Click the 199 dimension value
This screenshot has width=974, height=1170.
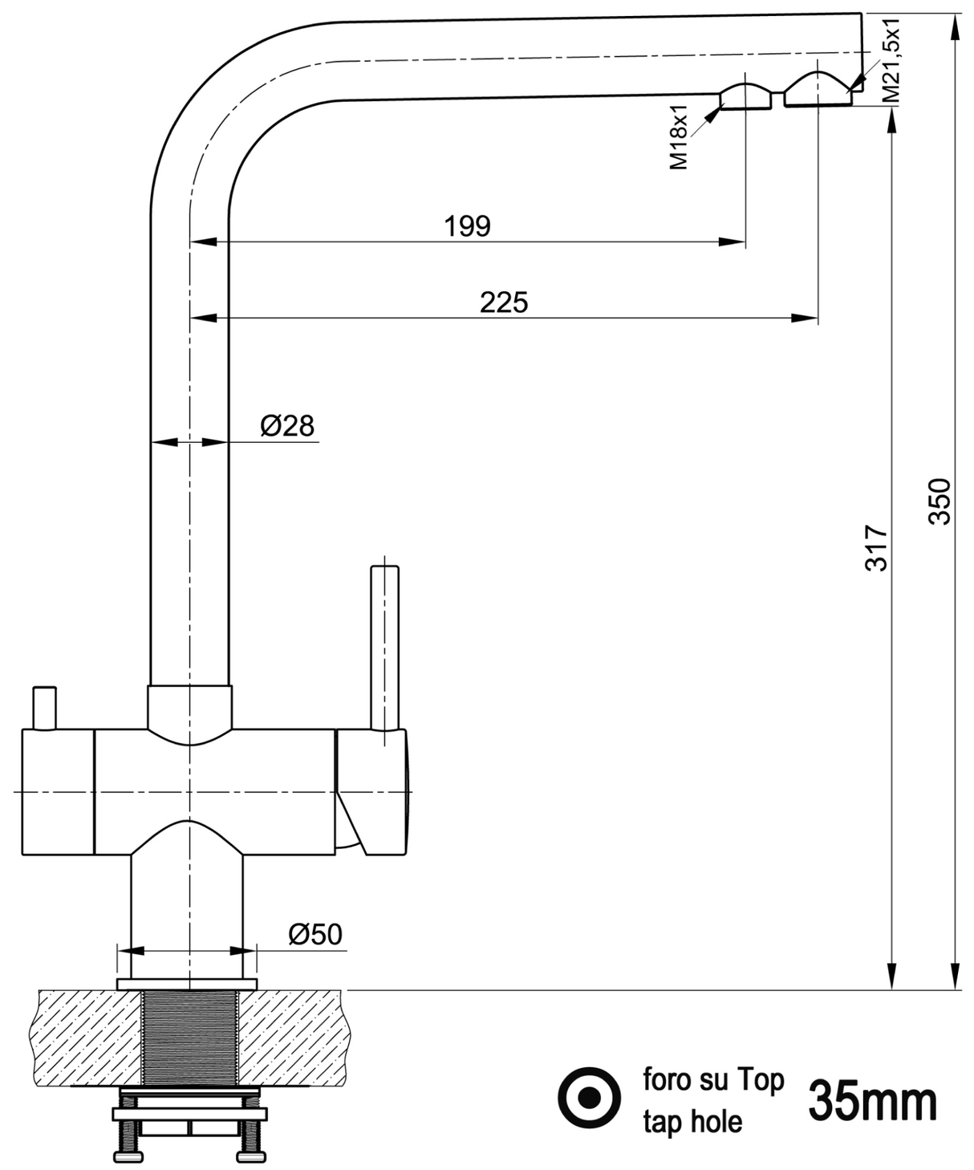click(467, 226)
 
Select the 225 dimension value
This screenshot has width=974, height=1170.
click(504, 303)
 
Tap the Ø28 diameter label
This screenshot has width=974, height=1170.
click(287, 425)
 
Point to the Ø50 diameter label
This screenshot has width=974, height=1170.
click(315, 934)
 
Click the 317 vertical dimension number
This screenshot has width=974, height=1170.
click(877, 547)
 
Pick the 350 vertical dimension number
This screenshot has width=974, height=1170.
click(940, 502)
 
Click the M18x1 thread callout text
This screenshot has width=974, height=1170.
click(679, 136)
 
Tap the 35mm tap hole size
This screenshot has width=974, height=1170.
click(872, 1101)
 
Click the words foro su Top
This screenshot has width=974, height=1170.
click(712, 1080)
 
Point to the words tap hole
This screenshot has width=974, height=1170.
click(692, 1121)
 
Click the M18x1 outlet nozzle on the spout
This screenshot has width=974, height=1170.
click(745, 97)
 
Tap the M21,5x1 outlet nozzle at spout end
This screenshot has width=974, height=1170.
click(818, 91)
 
